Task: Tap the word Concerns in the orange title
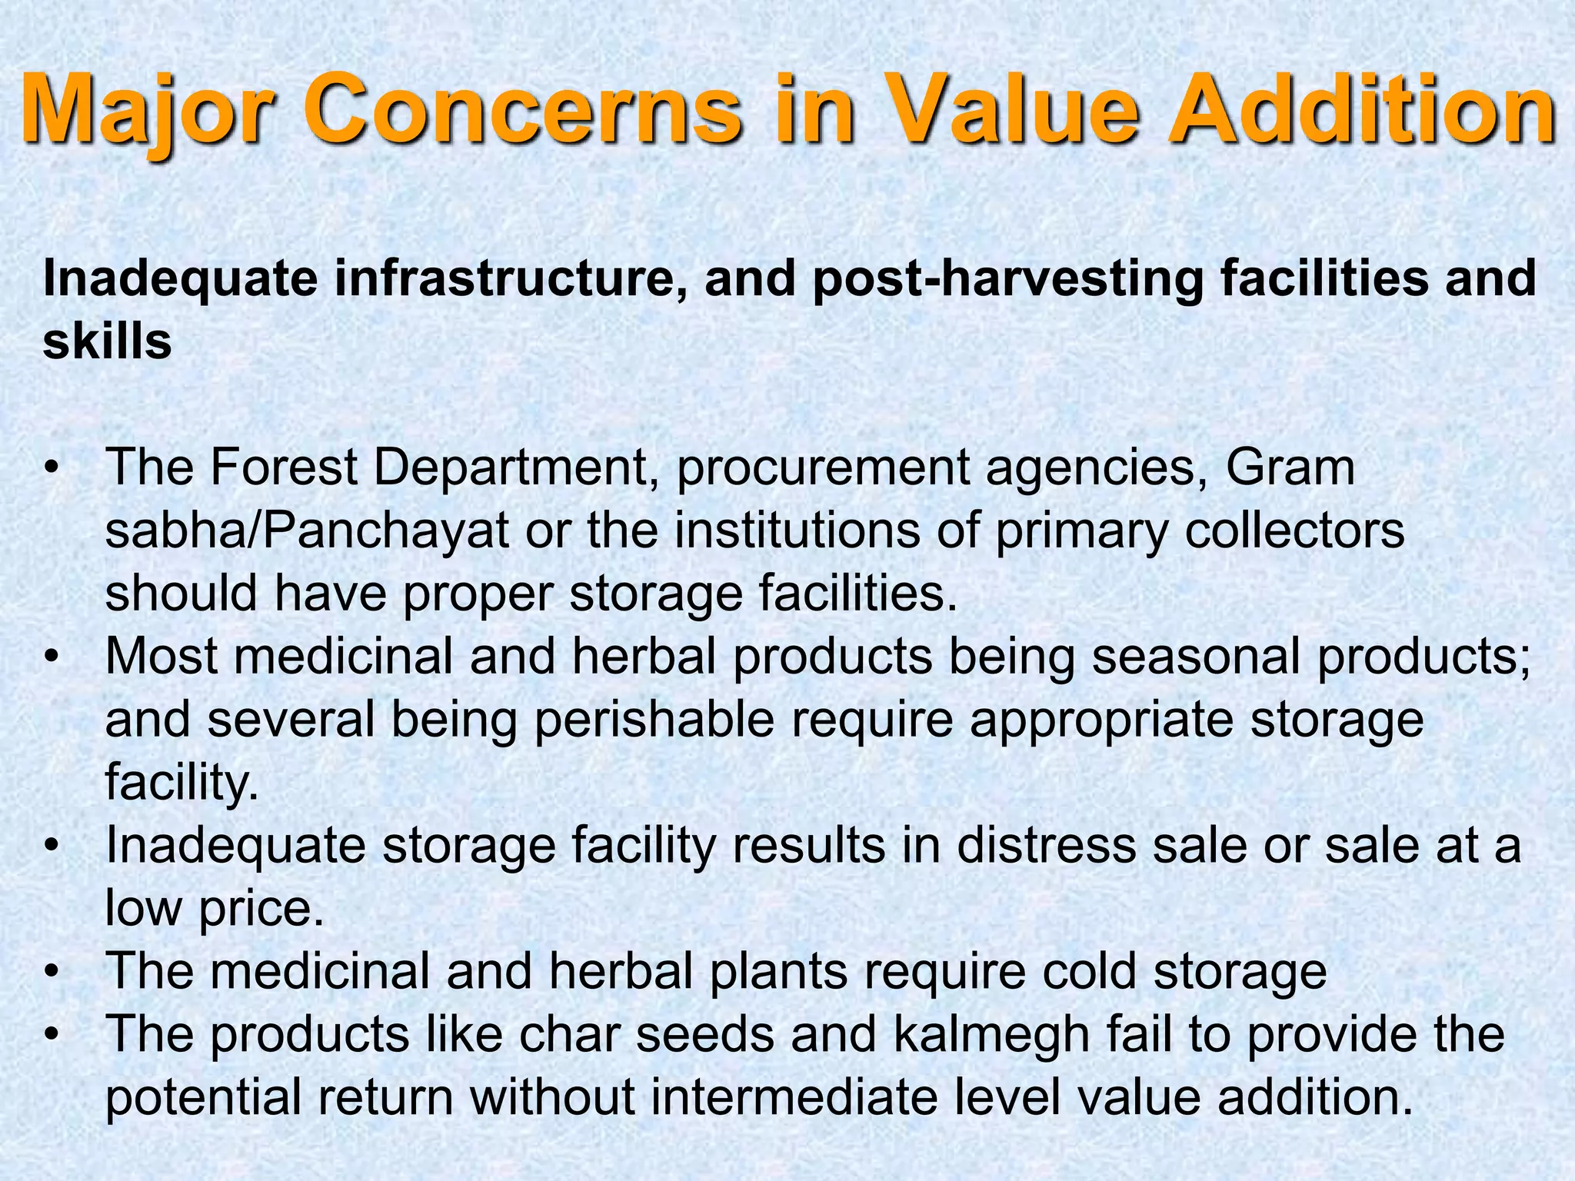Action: (523, 111)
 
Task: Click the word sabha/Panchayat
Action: (307, 531)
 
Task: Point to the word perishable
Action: (654, 720)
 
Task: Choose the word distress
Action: (1046, 846)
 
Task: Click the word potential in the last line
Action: (203, 1098)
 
